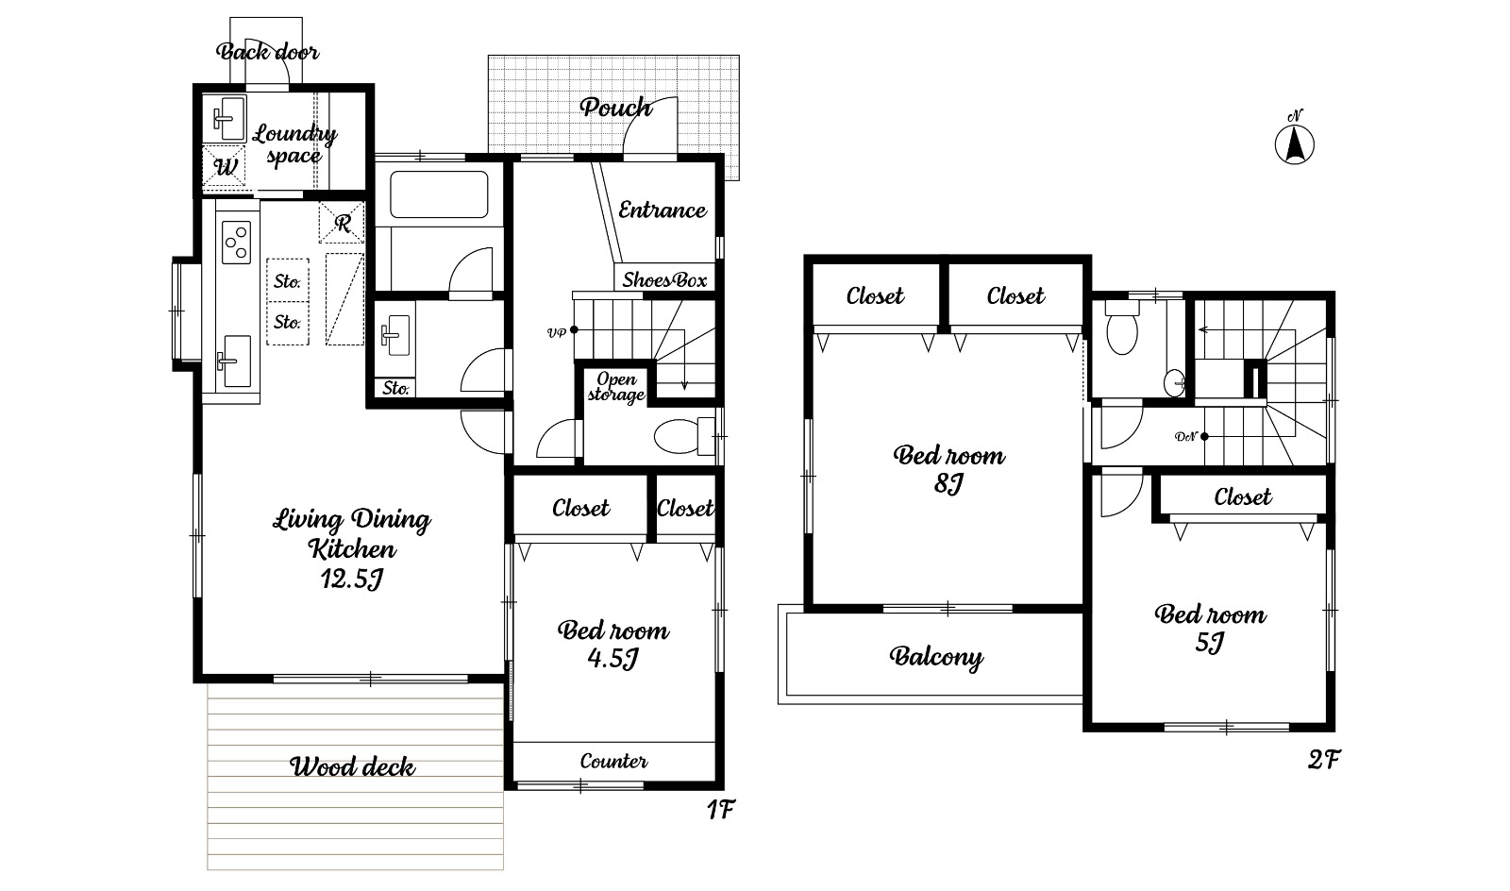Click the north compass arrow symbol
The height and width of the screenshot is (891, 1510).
pos(1294,144)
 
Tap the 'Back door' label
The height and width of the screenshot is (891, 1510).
pos(268,51)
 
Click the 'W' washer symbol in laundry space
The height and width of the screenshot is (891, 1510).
pos(225,166)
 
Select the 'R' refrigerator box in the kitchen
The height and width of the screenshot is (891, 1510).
pos(342,223)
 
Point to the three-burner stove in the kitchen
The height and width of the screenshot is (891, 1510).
pos(237,242)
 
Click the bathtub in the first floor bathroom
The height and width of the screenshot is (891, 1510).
pos(439,194)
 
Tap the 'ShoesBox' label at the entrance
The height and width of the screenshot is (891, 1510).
pos(664,279)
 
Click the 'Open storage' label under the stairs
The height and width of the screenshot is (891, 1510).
pos(616,388)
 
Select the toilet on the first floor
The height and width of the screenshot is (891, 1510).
pos(683,435)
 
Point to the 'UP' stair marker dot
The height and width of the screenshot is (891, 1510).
pos(574,329)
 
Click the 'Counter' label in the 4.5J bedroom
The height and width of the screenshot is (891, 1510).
pos(613,762)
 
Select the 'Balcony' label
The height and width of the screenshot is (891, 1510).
pos(935,657)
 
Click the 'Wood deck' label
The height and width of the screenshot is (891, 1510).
pos(352,767)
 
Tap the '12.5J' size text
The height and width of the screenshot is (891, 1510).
pos(352,579)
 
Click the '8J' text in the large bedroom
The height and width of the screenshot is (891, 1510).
pos(948,483)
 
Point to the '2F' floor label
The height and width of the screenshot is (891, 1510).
pos(1324,760)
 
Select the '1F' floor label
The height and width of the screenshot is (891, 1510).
pos(720,809)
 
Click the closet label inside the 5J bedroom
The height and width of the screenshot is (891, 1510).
pos(1242,497)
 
